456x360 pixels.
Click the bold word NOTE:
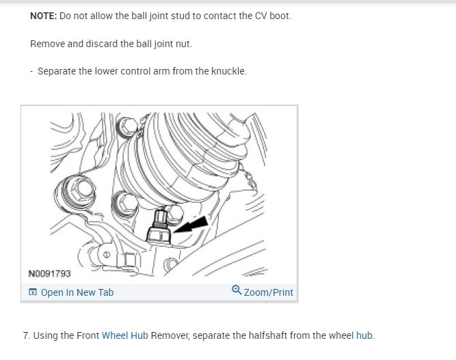44,16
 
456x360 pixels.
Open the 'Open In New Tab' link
77,292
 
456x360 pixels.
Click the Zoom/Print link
268,292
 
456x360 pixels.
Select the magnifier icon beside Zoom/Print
237,291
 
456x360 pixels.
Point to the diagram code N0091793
49,274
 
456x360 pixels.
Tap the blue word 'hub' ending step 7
364,335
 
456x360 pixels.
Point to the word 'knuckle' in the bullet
228,71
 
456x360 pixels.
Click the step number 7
26,335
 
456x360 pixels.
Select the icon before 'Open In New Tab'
33,292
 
